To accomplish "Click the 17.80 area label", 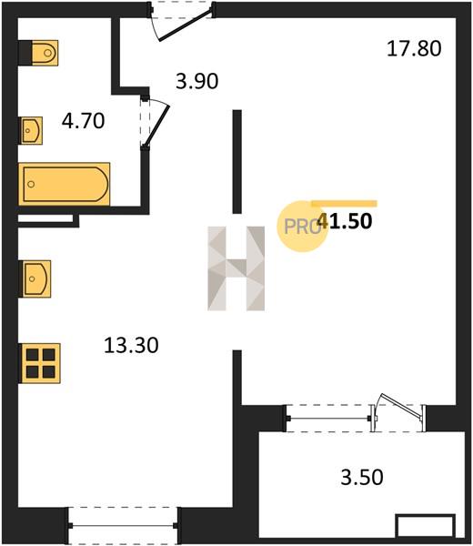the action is (414, 49).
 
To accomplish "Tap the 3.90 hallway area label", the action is (197, 82).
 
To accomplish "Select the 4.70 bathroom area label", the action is (83, 121).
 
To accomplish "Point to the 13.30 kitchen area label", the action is (131, 346).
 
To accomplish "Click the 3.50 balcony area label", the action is (362, 477).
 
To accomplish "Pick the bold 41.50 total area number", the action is (346, 221).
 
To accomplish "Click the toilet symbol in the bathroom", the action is (45, 53).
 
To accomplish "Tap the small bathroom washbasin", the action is (31, 130).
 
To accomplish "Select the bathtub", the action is (65, 184).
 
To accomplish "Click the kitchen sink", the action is (36, 279).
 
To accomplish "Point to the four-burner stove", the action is (40, 363).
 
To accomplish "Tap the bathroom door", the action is (155, 123).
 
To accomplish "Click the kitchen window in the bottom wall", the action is (123, 526).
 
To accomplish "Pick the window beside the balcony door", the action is (328, 419).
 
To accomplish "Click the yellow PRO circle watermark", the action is (302, 227).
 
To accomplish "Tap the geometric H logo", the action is (236, 268).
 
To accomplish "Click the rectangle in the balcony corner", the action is (426, 526).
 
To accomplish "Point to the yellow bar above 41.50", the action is (344, 204).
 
